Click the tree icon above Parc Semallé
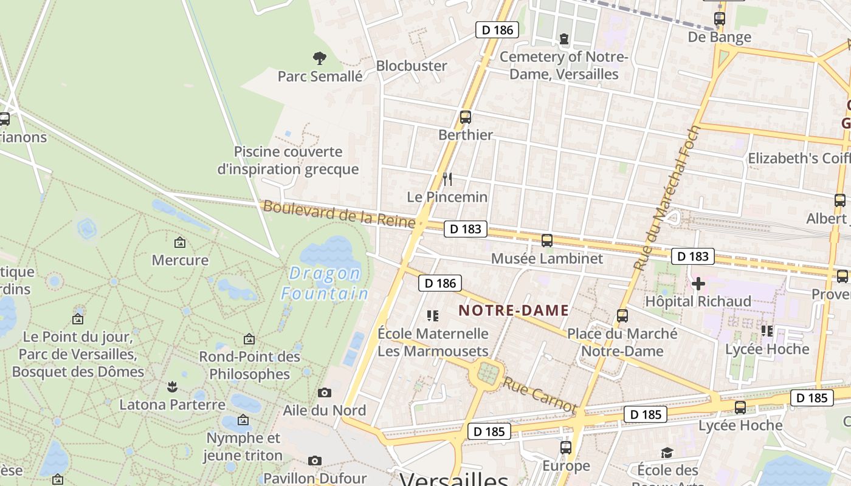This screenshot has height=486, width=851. click(320, 58)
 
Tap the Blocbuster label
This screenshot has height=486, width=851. click(412, 66)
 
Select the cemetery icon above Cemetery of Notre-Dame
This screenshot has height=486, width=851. click(564, 39)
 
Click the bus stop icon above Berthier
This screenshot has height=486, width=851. click(466, 117)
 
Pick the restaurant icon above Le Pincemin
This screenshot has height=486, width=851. click(447, 179)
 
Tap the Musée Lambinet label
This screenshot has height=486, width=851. click(546, 258)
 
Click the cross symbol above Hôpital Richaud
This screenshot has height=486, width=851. click(698, 283)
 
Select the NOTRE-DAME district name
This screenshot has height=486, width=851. click(514, 310)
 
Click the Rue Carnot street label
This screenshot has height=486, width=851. click(539, 394)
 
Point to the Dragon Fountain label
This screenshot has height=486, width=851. click(325, 284)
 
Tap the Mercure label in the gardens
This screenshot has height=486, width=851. click(180, 260)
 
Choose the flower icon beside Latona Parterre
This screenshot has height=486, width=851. click(172, 386)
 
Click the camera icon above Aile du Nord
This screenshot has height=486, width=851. click(325, 392)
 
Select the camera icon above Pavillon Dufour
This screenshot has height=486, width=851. click(314, 461)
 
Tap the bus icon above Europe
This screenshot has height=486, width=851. click(566, 448)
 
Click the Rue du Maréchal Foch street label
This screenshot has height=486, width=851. click(667, 198)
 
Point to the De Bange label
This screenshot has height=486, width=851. click(719, 37)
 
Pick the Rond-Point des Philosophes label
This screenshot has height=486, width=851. click(250, 365)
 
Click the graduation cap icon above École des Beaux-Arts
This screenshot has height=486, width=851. click(667, 453)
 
